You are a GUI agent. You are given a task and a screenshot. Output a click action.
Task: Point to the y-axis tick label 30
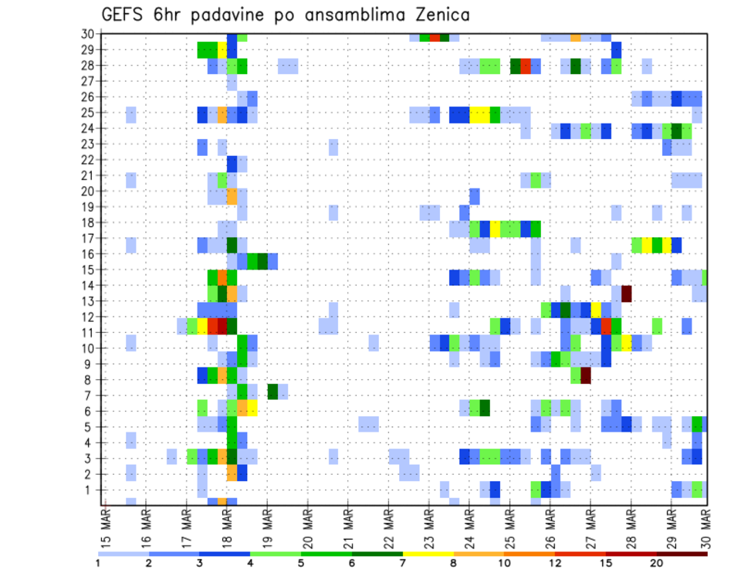pos(87,34)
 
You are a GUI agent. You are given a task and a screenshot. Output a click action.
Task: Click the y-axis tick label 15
pos(87,270)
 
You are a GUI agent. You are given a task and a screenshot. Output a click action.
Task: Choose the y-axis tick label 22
pos(87,160)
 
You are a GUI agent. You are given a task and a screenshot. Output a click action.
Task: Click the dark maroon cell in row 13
pos(627,293)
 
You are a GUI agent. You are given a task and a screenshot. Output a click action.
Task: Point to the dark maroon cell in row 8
pos(586,376)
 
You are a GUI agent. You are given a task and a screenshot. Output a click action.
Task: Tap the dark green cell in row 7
pos(272,392)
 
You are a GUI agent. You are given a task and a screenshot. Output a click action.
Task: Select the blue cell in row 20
pos(475,196)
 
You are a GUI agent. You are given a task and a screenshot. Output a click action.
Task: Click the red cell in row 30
pos(435,37)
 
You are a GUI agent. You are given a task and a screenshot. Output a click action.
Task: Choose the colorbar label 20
pos(656,563)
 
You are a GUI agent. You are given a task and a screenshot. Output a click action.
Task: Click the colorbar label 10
pos(505,563)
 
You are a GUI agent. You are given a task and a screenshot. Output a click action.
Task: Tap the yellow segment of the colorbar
pos(428,553)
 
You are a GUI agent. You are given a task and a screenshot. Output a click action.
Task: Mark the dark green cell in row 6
pos(485,407)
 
